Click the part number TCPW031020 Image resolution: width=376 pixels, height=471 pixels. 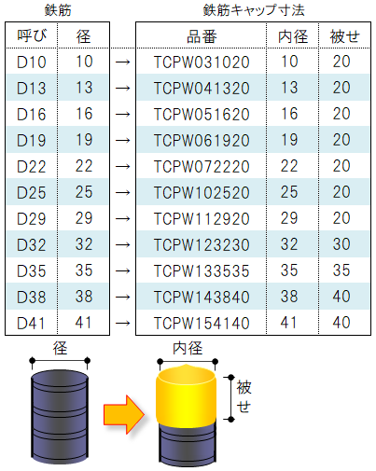click(x=202, y=62)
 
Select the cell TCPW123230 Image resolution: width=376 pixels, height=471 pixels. click(x=202, y=245)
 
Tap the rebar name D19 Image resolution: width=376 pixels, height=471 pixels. click(x=32, y=141)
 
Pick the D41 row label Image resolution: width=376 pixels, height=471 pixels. click(x=31, y=324)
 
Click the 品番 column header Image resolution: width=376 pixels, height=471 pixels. click(x=202, y=36)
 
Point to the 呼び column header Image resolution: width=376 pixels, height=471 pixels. click(x=32, y=36)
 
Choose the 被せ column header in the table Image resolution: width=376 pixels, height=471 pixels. click(x=344, y=36)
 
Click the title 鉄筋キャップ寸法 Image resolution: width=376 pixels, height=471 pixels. click(x=254, y=10)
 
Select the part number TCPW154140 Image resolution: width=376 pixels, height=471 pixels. click(x=202, y=324)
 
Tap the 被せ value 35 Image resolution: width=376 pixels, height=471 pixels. click(x=341, y=270)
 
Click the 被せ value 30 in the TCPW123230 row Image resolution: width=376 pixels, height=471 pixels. click(x=341, y=244)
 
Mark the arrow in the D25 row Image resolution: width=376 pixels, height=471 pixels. click(x=122, y=193)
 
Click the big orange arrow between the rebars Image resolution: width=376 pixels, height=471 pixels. click(x=124, y=414)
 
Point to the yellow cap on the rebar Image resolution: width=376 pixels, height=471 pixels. click(x=186, y=395)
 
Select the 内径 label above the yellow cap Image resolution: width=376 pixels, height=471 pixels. click(x=188, y=348)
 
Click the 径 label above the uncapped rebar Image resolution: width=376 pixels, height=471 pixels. click(x=60, y=348)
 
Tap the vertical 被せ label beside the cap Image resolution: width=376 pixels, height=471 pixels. click(x=244, y=397)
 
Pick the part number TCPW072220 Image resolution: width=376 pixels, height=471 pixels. click(x=202, y=167)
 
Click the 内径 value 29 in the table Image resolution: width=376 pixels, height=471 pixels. click(x=289, y=218)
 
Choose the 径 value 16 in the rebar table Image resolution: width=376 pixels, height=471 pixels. click(x=84, y=114)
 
